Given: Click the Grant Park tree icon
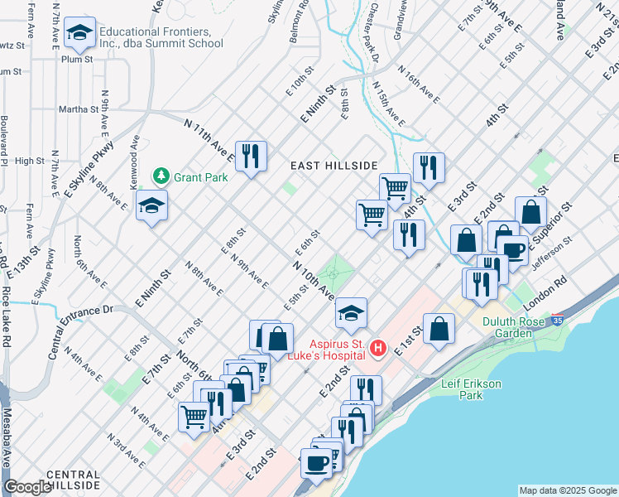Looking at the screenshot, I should pos(161,176).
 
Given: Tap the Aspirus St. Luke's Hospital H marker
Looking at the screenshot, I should pos(378,347).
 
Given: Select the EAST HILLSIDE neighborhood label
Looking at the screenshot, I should pos(334,166).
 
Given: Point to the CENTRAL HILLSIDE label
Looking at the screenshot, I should pos(74,480).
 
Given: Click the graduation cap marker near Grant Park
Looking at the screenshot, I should pos(151,206).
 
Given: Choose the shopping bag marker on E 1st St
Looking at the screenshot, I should pos(439,330).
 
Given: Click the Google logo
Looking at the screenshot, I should pos(27,488).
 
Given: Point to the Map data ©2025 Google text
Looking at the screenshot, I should pos(569,490).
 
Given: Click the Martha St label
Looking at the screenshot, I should pos(78,108).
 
